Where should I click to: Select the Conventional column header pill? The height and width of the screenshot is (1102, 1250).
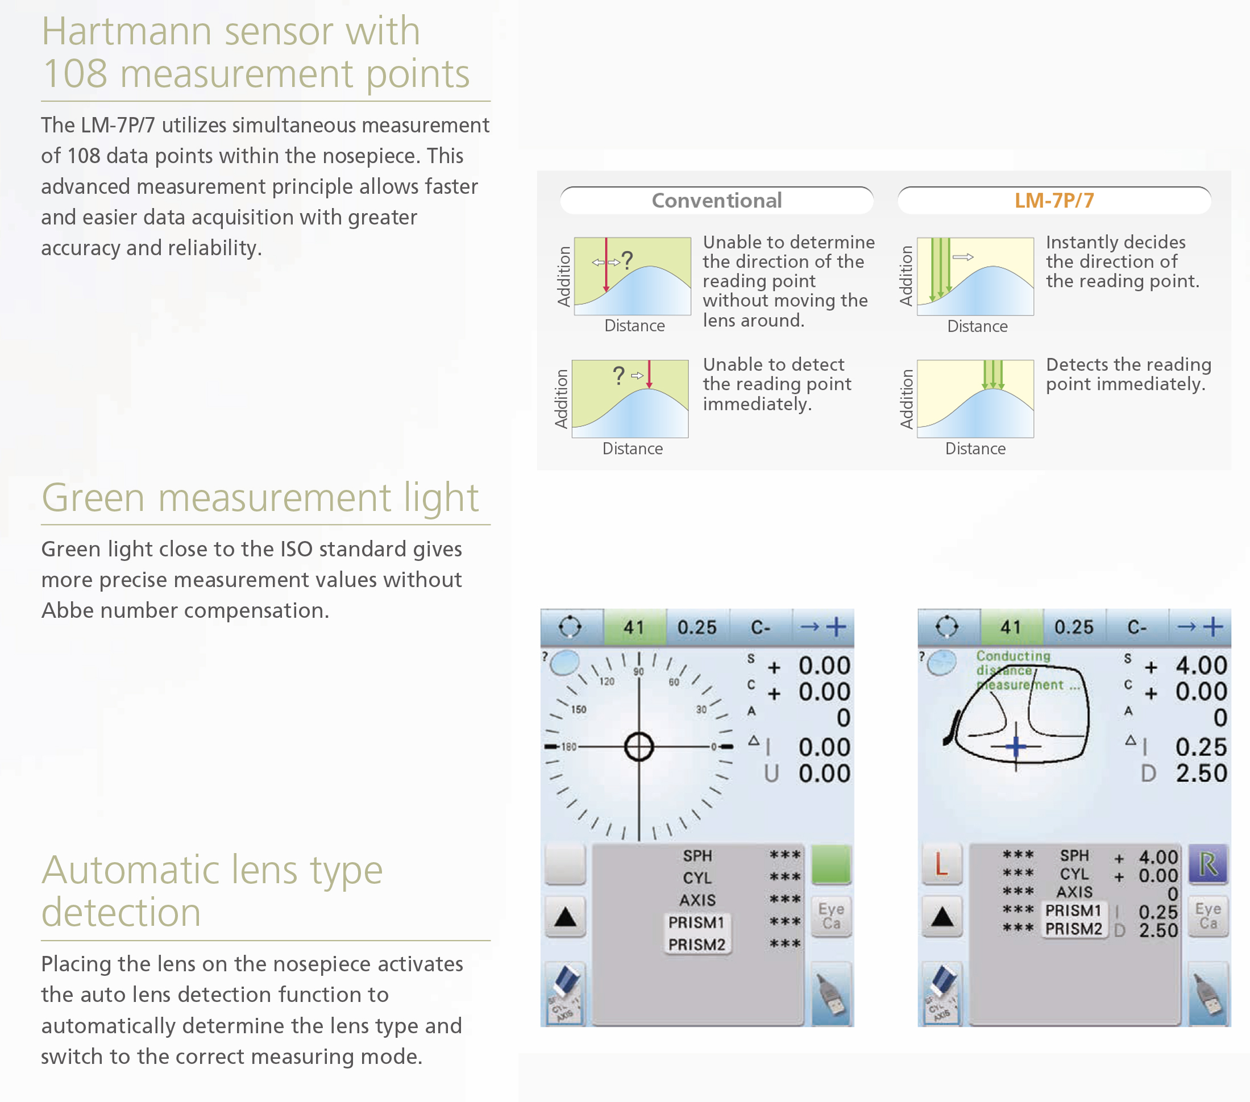click(716, 201)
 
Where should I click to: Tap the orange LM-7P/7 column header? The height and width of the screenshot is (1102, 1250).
click(1054, 201)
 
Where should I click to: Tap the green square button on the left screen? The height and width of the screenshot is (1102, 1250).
click(831, 864)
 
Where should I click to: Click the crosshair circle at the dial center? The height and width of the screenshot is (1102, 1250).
click(639, 747)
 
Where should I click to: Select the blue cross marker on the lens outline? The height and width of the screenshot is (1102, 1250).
click(1016, 746)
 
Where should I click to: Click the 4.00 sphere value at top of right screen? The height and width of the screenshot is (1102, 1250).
click(1201, 666)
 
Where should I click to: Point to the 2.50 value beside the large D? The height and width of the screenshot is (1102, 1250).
click(1201, 774)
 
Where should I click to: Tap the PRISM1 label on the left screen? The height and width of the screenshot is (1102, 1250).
click(696, 922)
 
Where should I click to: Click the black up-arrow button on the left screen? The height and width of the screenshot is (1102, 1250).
click(565, 917)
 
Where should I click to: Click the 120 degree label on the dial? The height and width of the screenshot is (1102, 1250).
click(607, 681)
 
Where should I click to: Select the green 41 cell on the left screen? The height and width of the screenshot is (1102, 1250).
click(634, 627)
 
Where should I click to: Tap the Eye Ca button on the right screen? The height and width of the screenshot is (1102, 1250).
click(1208, 916)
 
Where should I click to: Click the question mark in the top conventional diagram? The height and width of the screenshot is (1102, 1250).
click(627, 260)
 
